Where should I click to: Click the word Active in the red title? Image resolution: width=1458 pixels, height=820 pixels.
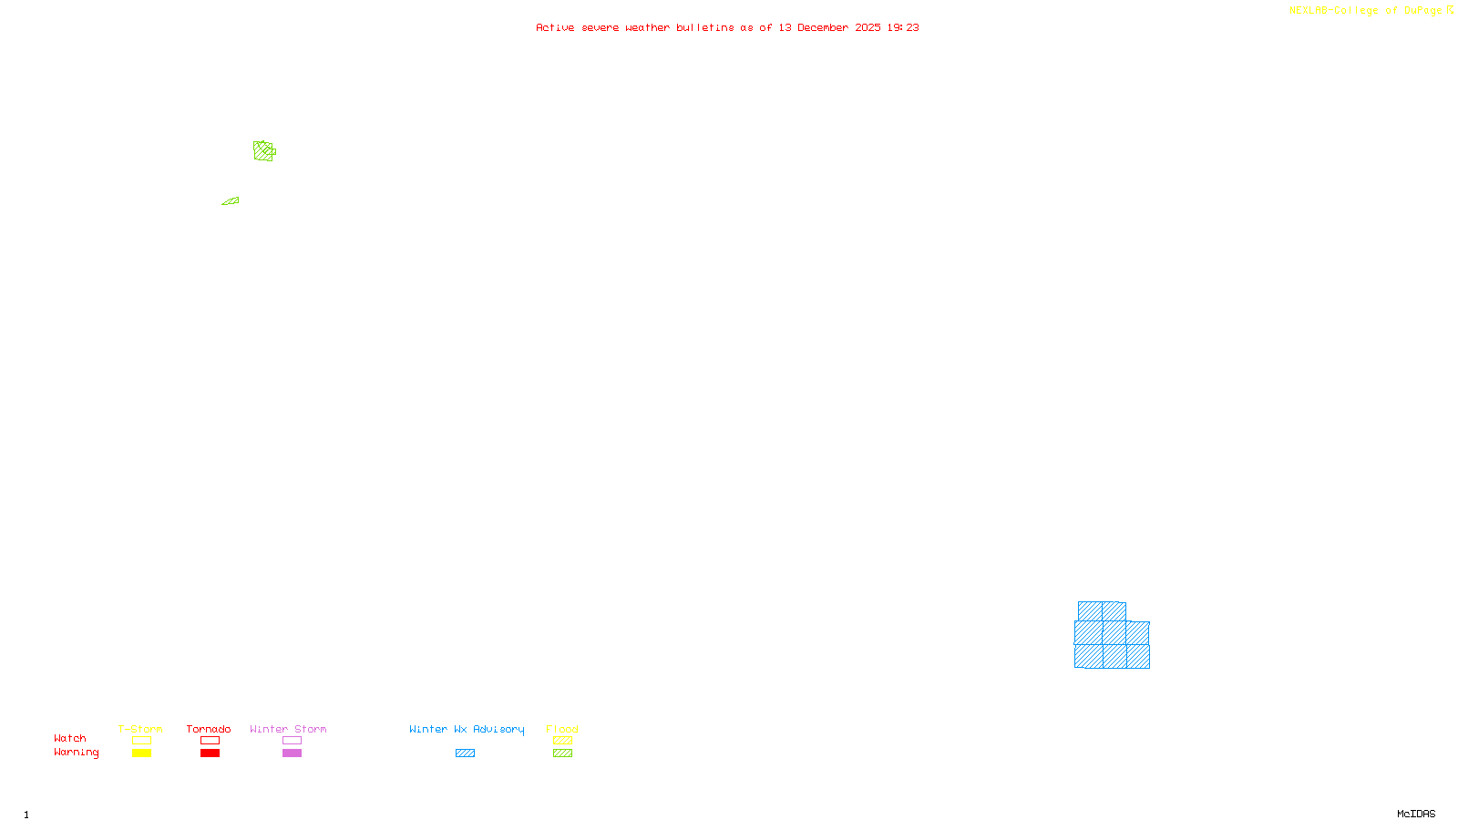[555, 27]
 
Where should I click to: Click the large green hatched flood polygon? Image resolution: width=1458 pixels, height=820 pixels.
[263, 151]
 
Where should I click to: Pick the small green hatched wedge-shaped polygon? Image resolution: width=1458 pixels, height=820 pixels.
[231, 201]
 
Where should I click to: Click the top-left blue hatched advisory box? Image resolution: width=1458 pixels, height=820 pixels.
[1090, 611]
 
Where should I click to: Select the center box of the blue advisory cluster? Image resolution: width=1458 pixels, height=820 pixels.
[1114, 632]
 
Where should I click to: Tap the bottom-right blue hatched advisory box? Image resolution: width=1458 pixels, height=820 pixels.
[1137, 656]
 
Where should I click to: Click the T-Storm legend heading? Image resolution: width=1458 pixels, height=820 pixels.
[140, 729]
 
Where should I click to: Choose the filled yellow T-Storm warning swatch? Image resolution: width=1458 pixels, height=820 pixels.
[141, 753]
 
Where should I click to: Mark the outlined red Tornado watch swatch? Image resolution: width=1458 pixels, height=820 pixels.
[210, 741]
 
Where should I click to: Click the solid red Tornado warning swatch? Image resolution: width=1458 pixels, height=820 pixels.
[210, 753]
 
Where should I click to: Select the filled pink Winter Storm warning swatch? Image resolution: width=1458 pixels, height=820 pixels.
[292, 753]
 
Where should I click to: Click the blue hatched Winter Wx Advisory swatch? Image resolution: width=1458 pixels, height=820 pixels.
[465, 753]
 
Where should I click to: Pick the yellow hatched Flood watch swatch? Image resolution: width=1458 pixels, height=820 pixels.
[562, 741]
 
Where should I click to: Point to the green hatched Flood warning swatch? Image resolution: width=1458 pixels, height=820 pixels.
[562, 753]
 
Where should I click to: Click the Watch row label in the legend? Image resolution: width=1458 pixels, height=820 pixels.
[70, 739]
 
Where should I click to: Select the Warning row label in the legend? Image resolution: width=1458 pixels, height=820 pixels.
[76, 753]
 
